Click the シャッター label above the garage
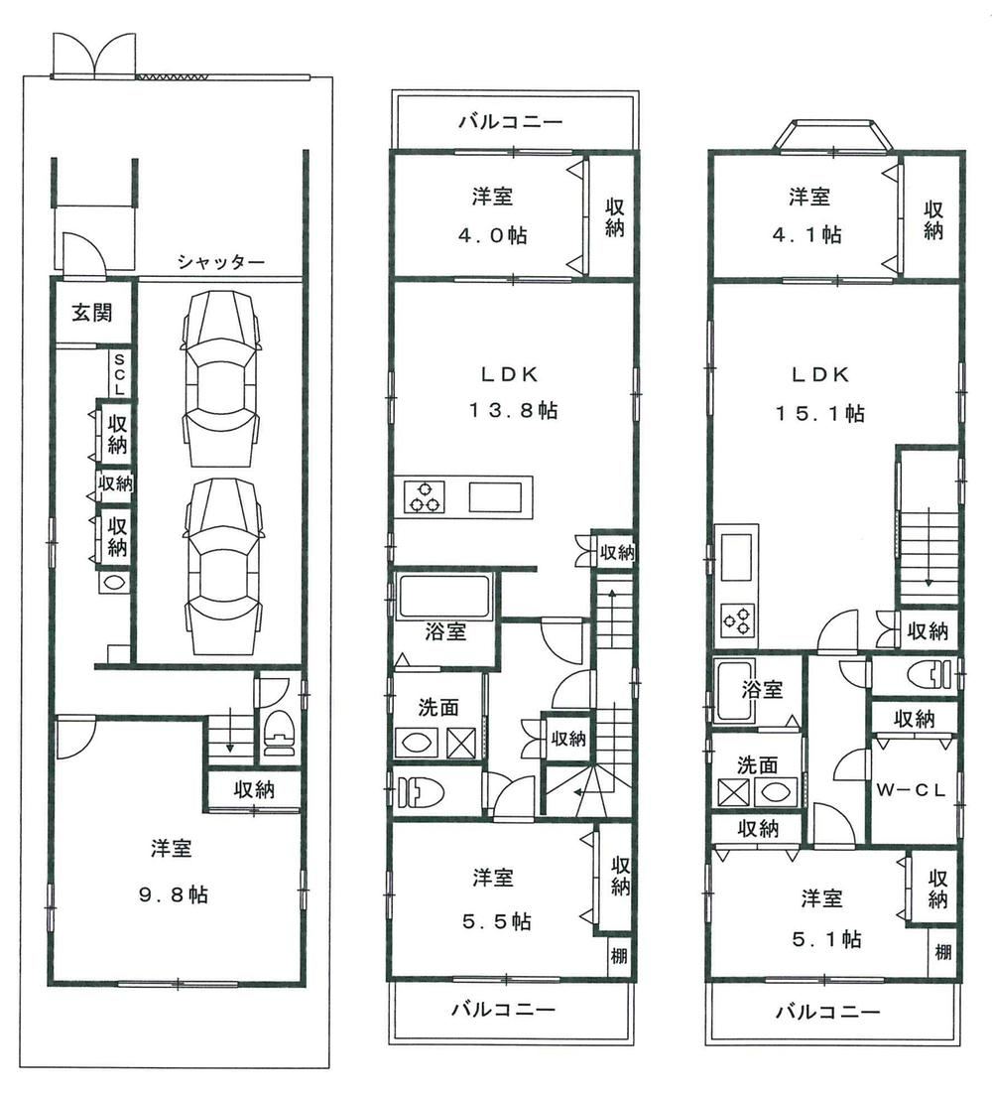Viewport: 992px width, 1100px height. [221, 262]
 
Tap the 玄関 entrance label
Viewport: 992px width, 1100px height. [90, 313]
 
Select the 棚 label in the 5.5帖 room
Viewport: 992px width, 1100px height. [618, 957]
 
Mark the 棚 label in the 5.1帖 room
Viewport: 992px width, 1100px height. [942, 952]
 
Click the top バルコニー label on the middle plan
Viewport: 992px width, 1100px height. [511, 122]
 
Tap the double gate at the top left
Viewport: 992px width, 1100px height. [94, 58]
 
